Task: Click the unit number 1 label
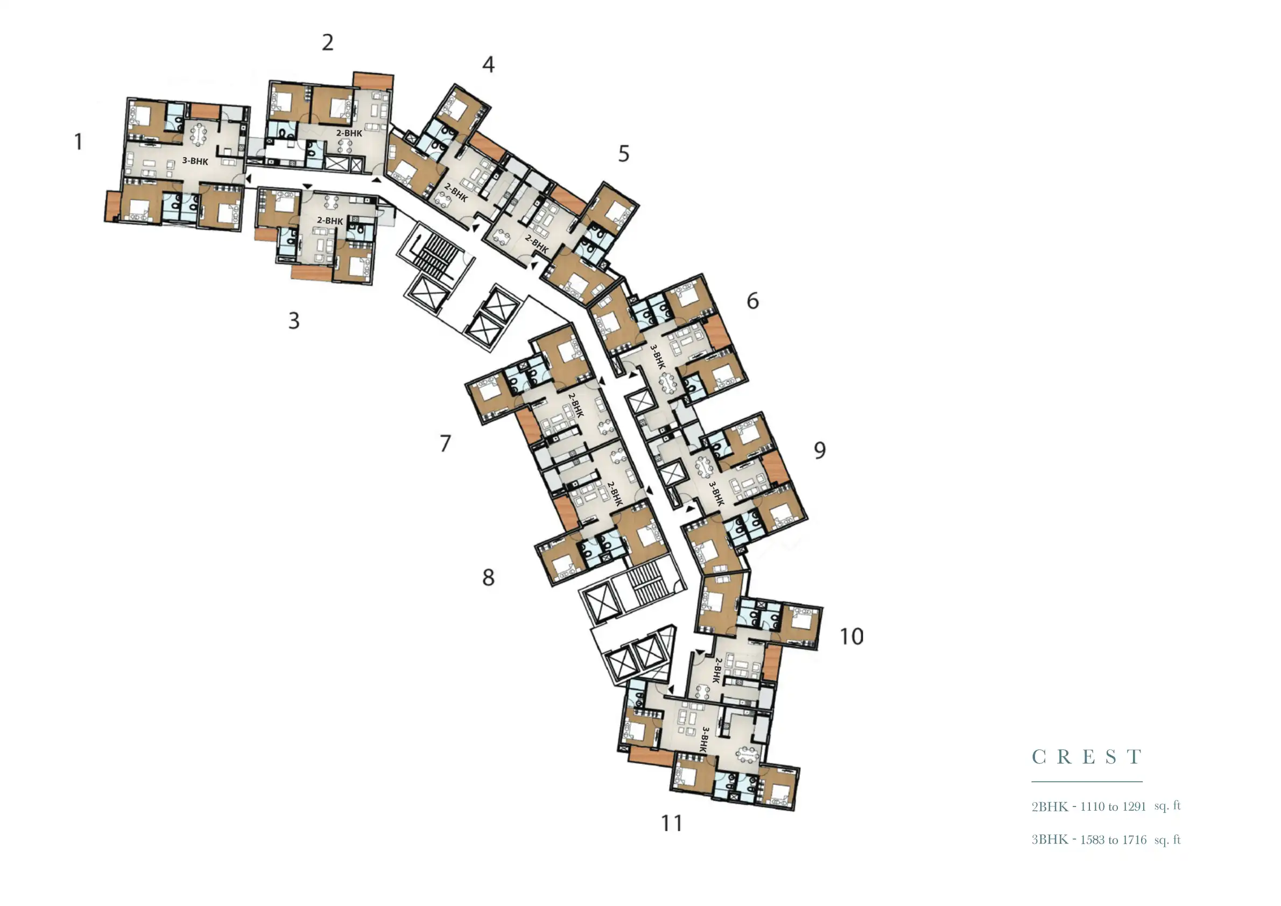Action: pyautogui.click(x=79, y=141)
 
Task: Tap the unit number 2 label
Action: pyautogui.click(x=328, y=43)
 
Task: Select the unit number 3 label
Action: pyautogui.click(x=293, y=321)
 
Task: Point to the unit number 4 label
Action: pyautogui.click(x=488, y=65)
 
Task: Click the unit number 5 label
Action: pyautogui.click(x=624, y=154)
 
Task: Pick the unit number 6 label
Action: pyautogui.click(x=752, y=301)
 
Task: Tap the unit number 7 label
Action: pyautogui.click(x=445, y=444)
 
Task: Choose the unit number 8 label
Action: pyautogui.click(x=488, y=577)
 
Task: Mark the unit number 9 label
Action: pyautogui.click(x=819, y=450)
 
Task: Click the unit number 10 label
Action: pyautogui.click(x=851, y=636)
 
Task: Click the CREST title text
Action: pyautogui.click(x=1086, y=757)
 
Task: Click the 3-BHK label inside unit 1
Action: pyautogui.click(x=195, y=161)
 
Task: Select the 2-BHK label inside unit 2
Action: pyautogui.click(x=349, y=133)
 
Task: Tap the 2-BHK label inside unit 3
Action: pyautogui.click(x=330, y=221)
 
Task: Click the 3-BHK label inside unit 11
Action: pyautogui.click(x=705, y=740)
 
